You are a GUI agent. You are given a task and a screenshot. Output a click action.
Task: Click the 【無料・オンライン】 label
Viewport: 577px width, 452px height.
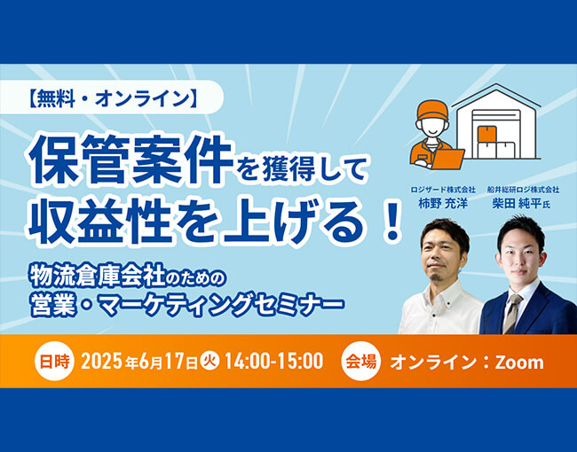[x=113, y=99]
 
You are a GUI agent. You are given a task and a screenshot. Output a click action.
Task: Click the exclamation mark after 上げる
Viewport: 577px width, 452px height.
[x=391, y=220]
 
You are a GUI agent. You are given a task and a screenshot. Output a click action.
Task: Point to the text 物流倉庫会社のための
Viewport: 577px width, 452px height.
[x=128, y=276]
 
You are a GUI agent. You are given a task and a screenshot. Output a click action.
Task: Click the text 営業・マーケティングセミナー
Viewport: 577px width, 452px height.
[x=187, y=303]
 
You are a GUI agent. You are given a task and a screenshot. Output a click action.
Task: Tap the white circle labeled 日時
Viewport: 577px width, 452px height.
[x=54, y=362]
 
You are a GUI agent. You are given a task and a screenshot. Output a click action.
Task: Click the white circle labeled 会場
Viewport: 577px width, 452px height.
[x=360, y=362]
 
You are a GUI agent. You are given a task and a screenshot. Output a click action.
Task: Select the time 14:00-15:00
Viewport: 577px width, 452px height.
[x=274, y=362]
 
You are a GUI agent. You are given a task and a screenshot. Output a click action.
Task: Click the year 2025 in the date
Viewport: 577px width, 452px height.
[x=101, y=362]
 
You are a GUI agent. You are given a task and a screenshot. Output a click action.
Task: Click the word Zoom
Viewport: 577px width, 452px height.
[x=519, y=362]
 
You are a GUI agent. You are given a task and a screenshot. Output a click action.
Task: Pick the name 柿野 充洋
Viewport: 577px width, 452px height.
[x=443, y=204]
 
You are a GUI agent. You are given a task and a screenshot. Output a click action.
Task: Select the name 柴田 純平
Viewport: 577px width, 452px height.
[x=517, y=204]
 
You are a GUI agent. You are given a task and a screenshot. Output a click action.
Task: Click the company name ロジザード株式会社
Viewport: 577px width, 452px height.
[x=443, y=190]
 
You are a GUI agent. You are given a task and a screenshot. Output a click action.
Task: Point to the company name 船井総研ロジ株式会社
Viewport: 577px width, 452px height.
[x=523, y=190]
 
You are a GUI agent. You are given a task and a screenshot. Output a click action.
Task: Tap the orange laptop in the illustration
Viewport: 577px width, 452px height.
[x=448, y=159]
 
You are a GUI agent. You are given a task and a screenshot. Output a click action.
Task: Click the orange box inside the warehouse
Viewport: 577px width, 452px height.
[x=487, y=134]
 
